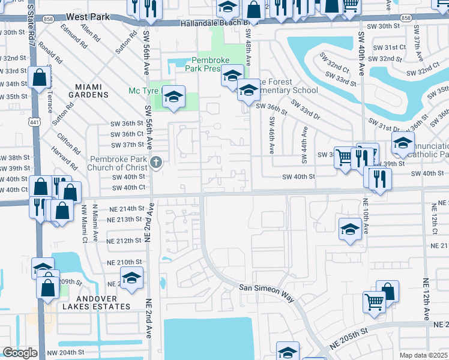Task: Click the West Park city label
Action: pos(88,17)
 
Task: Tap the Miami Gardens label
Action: pos(88,91)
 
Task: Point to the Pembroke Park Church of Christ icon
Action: pos(156,161)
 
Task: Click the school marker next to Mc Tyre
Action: pos(173,97)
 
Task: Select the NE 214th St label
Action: pos(127,208)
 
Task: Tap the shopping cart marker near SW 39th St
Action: pos(343,158)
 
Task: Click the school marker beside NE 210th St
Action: pos(131,277)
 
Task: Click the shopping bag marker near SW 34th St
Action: pos(40,77)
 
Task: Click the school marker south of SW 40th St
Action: pos(350,229)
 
